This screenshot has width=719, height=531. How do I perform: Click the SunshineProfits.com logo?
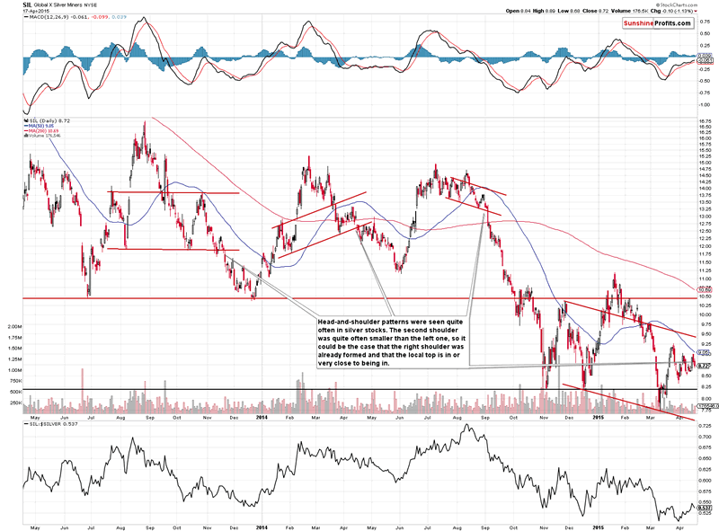point(661,20)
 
